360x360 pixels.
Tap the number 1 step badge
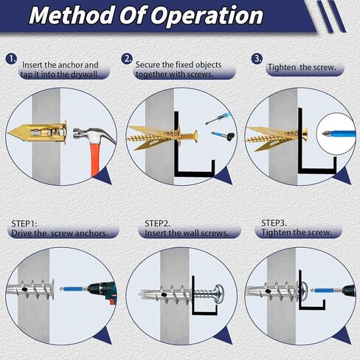pyautogui.click(x=11, y=58)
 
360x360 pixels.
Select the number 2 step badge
pyautogui.click(x=128, y=58)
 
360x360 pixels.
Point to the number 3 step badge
pyautogui.click(x=257, y=58)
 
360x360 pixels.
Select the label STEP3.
pyautogui.click(x=276, y=221)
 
